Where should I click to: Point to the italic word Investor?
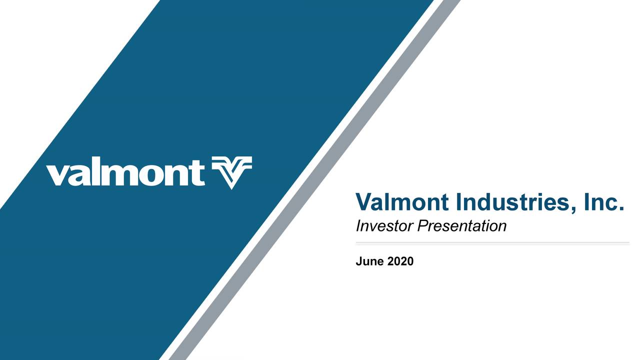(x=383, y=226)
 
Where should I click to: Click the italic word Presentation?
(x=461, y=226)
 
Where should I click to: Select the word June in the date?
(x=369, y=261)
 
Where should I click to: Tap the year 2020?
(x=400, y=261)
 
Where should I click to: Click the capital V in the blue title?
(x=363, y=202)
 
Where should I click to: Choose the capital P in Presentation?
(x=421, y=226)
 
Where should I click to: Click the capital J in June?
(x=358, y=261)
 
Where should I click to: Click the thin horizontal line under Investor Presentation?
(x=492, y=242)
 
